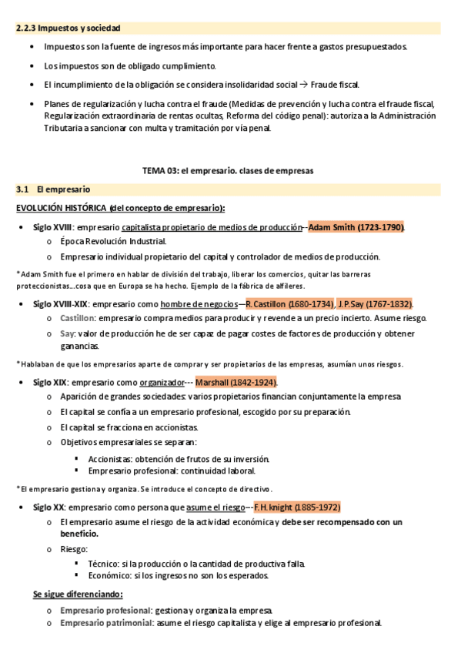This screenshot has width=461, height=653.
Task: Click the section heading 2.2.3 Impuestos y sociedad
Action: [68, 28]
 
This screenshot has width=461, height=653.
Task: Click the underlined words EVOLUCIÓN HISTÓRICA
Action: [61, 208]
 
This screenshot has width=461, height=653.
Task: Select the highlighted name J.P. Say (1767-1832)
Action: [375, 303]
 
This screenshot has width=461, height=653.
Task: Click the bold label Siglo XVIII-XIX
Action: [61, 303]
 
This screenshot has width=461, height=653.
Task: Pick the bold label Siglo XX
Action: [48, 507]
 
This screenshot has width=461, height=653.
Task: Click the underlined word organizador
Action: [161, 382]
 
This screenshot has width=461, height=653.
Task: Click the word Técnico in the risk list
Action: [105, 563]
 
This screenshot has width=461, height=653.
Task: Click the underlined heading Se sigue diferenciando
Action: [78, 594]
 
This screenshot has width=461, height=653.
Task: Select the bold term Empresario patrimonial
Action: [106, 623]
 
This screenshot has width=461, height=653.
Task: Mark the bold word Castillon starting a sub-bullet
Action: [78, 317]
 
